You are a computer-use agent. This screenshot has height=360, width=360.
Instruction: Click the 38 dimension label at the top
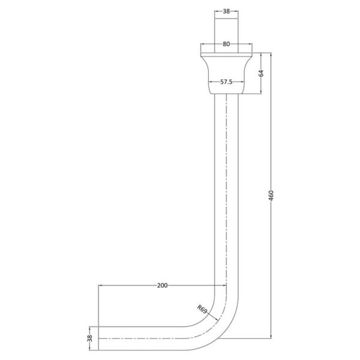pos(226,11)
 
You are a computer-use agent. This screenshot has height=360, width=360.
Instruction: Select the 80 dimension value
pos(226,44)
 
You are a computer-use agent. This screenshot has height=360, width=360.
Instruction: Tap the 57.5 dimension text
pos(226,82)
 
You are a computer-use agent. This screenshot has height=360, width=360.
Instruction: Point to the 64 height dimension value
pos(261,73)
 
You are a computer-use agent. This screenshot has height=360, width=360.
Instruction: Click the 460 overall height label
pos(271,196)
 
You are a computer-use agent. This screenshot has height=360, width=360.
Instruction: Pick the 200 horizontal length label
pos(163,286)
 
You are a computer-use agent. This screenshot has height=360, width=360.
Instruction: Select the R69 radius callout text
pos(202,309)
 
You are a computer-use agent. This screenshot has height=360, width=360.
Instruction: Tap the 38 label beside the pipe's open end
pos(90,338)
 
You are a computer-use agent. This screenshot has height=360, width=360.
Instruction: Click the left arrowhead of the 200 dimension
pos(100,286)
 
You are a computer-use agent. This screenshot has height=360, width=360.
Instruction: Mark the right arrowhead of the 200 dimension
pos(224,286)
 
